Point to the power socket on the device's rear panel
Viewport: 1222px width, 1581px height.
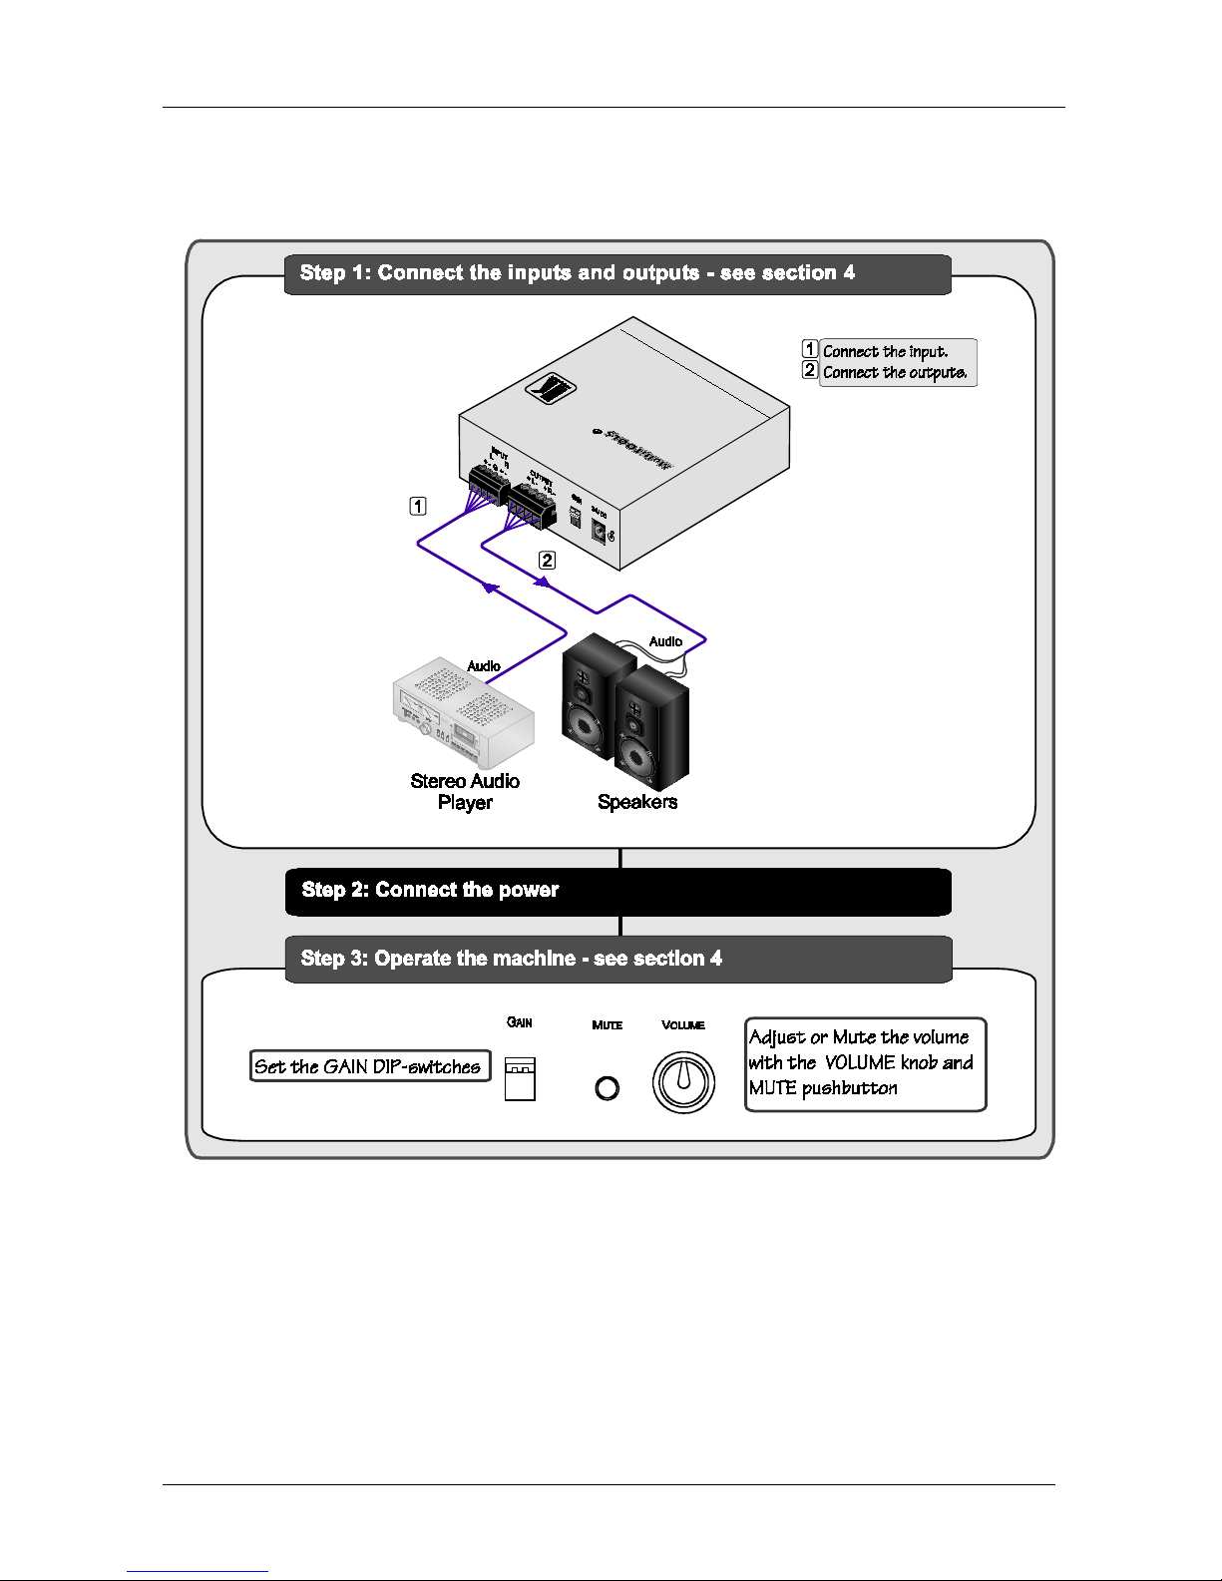tap(600, 531)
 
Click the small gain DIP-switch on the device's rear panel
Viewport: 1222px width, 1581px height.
tap(575, 518)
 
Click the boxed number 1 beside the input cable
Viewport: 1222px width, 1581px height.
tap(418, 506)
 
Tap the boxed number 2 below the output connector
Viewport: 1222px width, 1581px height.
tap(547, 560)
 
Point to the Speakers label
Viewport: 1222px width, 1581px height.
tap(636, 802)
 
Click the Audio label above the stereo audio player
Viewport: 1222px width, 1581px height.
tap(484, 665)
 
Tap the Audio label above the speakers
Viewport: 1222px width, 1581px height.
tap(665, 641)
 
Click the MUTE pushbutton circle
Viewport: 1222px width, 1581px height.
tap(607, 1088)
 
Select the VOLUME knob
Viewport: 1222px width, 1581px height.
tap(683, 1082)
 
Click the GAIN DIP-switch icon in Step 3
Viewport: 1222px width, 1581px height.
tap(520, 1078)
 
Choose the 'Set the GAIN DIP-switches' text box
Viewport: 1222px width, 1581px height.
tap(369, 1066)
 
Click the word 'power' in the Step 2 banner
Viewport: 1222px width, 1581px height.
tap(529, 890)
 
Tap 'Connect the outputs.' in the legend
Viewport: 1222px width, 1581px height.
tap(894, 373)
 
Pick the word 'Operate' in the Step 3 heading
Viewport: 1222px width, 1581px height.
tap(412, 959)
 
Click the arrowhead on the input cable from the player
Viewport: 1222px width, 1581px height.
tap(489, 588)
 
